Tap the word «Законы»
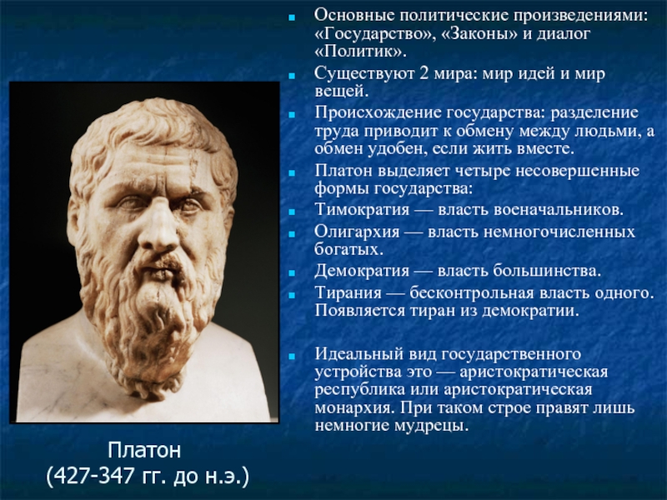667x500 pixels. [479, 33]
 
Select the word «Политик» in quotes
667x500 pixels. [359, 52]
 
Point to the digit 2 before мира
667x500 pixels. [424, 73]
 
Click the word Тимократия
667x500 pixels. [362, 210]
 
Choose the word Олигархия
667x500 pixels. [358, 232]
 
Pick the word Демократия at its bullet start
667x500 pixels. [362, 271]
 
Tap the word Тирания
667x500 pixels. [349, 293]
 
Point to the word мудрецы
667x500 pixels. [429, 426]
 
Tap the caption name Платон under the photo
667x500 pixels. [144, 450]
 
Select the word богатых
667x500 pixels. [349, 249]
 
